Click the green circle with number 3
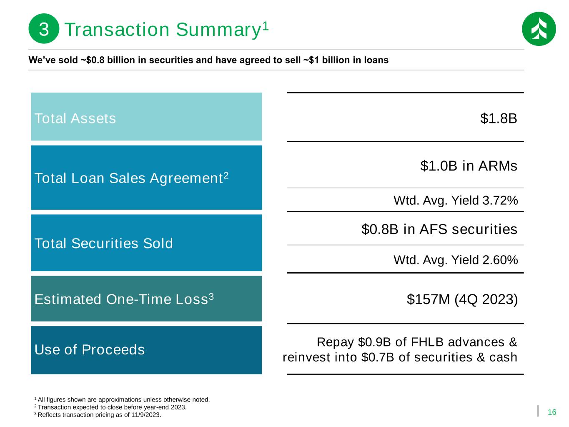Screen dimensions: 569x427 pyautogui.click(x=44, y=28)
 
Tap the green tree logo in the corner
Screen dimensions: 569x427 pyautogui.click(x=539, y=29)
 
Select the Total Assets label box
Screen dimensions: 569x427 pyautogui.click(x=146, y=117)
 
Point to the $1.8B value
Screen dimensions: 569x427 pyautogui.click(x=499, y=118)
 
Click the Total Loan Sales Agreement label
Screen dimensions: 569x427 pyautogui.click(x=131, y=178)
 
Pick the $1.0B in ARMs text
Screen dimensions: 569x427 pyautogui.click(x=469, y=166)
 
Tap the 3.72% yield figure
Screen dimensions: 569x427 pyautogui.click(x=500, y=201)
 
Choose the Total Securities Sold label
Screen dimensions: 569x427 pyautogui.click(x=104, y=243)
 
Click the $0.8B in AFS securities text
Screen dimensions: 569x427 pyautogui.click(x=439, y=229)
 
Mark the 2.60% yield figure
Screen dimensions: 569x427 pyautogui.click(x=500, y=260)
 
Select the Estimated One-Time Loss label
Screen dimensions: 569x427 pyautogui.click(x=124, y=299)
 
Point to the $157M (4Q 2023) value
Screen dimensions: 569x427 pyautogui.click(x=462, y=299)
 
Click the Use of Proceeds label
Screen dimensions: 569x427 pyautogui.click(x=90, y=349)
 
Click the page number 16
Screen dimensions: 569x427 pyautogui.click(x=552, y=412)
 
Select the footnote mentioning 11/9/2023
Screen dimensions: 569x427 pyautogui.click(x=98, y=415)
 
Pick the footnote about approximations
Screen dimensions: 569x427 pyautogui.click(x=122, y=399)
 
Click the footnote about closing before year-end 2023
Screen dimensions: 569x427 pyautogui.click(x=110, y=407)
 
